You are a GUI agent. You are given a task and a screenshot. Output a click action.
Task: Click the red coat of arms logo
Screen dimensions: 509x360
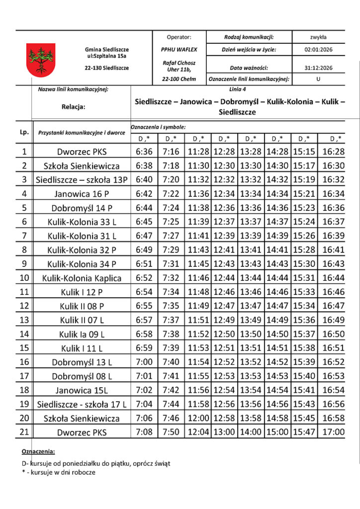[41, 59]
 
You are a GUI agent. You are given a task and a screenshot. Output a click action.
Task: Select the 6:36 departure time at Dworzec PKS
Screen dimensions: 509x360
[144, 151]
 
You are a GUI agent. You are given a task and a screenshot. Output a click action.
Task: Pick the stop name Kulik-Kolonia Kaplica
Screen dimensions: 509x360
[82, 278]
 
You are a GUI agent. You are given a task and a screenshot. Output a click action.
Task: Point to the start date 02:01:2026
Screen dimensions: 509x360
[318, 50]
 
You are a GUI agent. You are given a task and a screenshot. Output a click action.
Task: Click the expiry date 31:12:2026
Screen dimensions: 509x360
[318, 68]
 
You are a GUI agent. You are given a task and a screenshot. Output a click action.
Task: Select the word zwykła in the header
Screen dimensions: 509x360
[318, 37]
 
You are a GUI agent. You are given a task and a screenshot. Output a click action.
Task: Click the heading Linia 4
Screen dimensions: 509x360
[238, 89]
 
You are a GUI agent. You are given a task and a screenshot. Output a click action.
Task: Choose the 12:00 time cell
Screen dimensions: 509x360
[198, 418]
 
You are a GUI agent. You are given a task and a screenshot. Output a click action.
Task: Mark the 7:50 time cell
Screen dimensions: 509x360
[172, 432]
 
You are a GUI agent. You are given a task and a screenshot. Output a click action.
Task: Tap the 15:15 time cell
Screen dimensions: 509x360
[304, 151]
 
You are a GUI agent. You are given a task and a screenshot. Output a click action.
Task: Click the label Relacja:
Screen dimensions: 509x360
[74, 106]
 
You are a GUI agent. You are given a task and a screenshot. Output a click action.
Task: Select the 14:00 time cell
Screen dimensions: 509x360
[251, 432]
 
